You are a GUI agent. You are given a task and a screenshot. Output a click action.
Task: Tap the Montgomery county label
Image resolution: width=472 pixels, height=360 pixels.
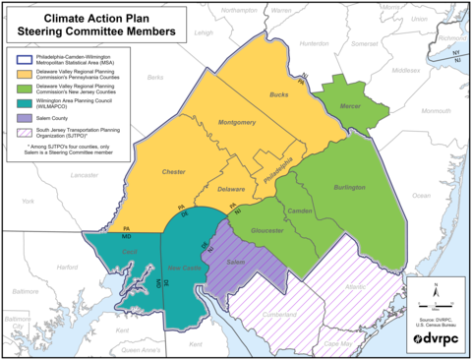(x=237, y=123)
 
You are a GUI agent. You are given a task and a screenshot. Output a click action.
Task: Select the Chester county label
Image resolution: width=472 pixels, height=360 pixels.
(x=173, y=171)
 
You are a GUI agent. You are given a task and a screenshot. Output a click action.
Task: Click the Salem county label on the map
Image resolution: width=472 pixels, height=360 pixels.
(x=234, y=263)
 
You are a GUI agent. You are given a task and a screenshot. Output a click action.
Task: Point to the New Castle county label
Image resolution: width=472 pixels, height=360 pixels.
(x=184, y=268)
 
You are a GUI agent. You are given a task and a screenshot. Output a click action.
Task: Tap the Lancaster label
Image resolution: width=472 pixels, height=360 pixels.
(x=86, y=174)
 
